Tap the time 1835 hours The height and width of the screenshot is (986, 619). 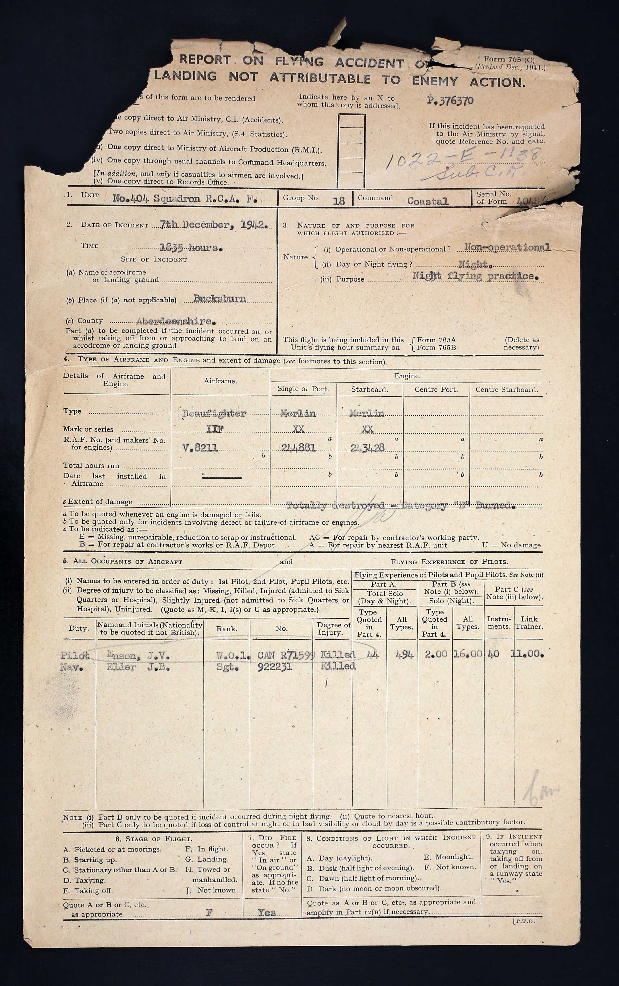coord(191,247)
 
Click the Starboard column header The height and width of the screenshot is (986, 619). coord(369,389)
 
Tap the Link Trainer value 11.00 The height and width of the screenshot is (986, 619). coord(528,654)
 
